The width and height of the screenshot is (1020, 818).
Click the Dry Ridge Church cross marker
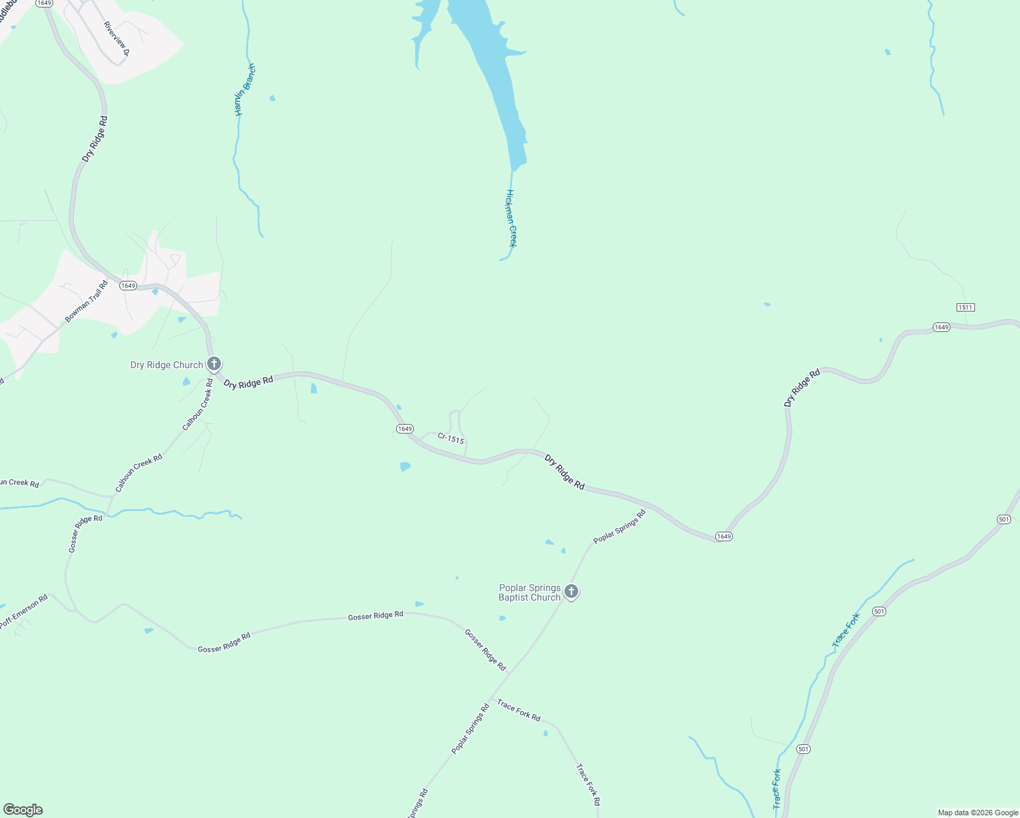[214, 364]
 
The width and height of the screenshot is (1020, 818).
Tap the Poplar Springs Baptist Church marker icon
[571, 592]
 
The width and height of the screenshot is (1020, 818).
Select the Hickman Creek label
[511, 218]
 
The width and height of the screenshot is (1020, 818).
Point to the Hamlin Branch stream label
[245, 90]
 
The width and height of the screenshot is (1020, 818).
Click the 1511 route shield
[965, 307]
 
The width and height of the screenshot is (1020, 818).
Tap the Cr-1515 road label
[451, 438]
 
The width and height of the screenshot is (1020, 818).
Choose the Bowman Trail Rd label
[87, 301]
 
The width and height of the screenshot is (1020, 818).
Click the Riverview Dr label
[116, 38]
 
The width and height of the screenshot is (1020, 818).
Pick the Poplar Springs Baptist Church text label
[530, 592]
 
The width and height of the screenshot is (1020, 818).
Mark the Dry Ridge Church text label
[166, 365]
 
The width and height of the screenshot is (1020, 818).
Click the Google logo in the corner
[23, 810]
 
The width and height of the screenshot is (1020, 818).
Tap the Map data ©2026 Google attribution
[978, 813]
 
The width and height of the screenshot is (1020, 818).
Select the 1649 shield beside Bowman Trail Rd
[128, 286]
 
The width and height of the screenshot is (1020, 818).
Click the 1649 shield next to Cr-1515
[404, 429]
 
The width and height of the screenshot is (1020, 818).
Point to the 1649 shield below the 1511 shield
[941, 327]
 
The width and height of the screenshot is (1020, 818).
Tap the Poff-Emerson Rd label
[24, 611]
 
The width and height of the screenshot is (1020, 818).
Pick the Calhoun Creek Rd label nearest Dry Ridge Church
[198, 406]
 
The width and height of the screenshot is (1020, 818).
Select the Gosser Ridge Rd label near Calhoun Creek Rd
[85, 533]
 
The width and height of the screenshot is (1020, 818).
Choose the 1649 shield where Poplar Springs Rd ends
[724, 536]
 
